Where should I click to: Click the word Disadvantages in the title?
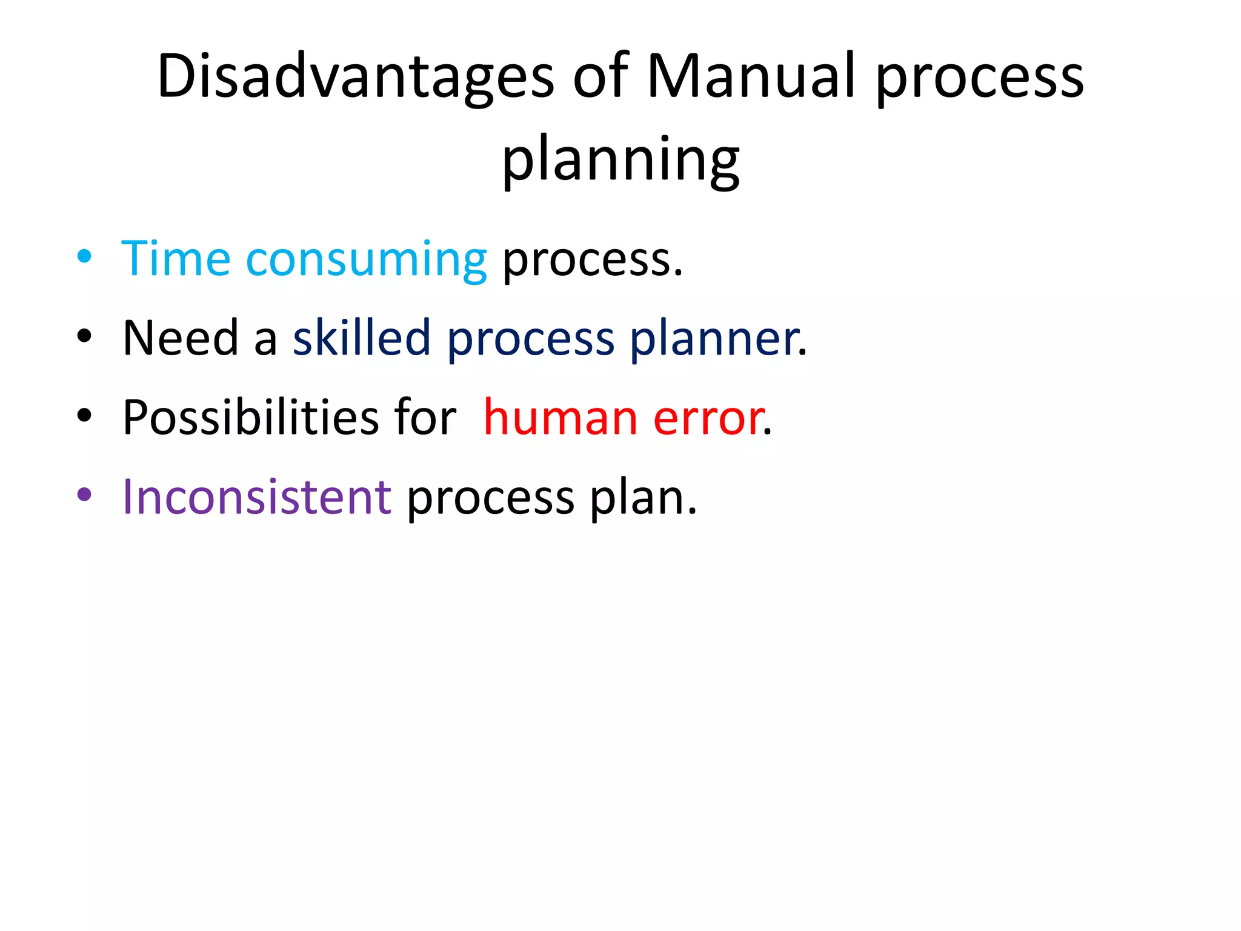tap(355, 77)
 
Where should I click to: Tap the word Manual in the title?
tap(751, 77)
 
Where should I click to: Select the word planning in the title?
tap(620, 159)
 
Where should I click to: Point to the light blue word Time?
tap(176, 259)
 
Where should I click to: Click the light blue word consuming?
tap(366, 261)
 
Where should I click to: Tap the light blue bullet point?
tap(84, 256)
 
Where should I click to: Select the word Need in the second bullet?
tap(181, 338)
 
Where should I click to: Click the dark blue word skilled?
tap(362, 338)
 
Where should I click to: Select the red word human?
tap(560, 418)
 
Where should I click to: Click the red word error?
tap(707, 419)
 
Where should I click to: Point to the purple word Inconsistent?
tap(257, 497)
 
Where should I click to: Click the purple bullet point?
tap(84, 495)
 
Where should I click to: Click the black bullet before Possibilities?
tap(84, 416)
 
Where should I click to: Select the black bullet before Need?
tap(84, 336)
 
